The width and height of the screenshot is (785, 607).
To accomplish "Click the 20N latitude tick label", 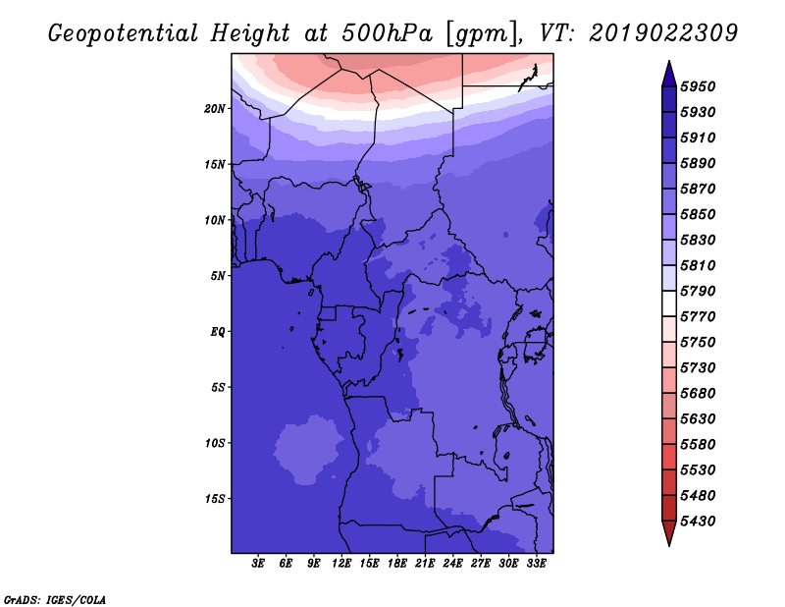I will [215, 108].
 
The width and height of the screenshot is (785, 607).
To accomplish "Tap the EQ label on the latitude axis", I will [218, 331].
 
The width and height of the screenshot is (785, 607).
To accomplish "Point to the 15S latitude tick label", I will [215, 498].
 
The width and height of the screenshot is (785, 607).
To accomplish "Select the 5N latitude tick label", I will [218, 275].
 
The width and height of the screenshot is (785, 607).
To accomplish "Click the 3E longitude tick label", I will [259, 564].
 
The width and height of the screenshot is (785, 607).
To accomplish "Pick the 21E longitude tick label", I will [425, 564].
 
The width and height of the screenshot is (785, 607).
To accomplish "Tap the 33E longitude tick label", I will [536, 564].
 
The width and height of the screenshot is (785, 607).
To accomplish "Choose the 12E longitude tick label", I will [341, 564].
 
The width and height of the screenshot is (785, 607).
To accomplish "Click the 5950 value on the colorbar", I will [702, 86].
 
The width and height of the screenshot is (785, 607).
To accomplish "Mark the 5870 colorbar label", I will [702, 189].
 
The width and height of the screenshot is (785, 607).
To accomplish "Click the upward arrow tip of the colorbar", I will [668, 64].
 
